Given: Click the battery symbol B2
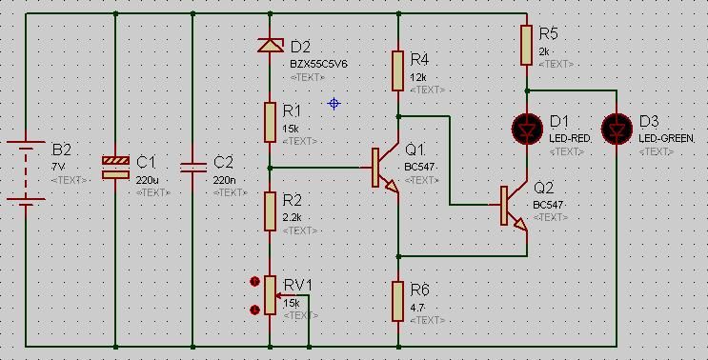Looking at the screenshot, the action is pos(26,171).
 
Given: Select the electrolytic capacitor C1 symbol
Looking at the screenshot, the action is pos(115,167).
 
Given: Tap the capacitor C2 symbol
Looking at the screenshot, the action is pos(192,168).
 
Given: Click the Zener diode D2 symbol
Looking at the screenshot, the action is pos(271,45).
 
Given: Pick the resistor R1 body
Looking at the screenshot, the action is pos(270,122).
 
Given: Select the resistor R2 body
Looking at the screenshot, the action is pos(270,211).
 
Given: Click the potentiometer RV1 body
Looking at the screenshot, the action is pos(270,295).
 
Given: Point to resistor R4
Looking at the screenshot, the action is pos(397,70).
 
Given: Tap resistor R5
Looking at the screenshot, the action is pos(527,45).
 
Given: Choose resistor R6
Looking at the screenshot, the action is pos(397,301).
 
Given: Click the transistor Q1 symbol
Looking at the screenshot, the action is pos(385,168).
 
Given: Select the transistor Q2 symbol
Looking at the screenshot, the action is pos(514,206).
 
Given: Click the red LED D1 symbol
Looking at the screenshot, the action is pos(527,129).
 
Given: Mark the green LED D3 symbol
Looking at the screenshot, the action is pos(617,129).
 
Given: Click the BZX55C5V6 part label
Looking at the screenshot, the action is pos(319,65).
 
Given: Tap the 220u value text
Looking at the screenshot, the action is pos(147,180).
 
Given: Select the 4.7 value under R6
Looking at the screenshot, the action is pos(417,309).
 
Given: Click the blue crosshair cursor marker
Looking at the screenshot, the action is pos(334,104).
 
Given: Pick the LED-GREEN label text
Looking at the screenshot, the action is pos(666,139).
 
